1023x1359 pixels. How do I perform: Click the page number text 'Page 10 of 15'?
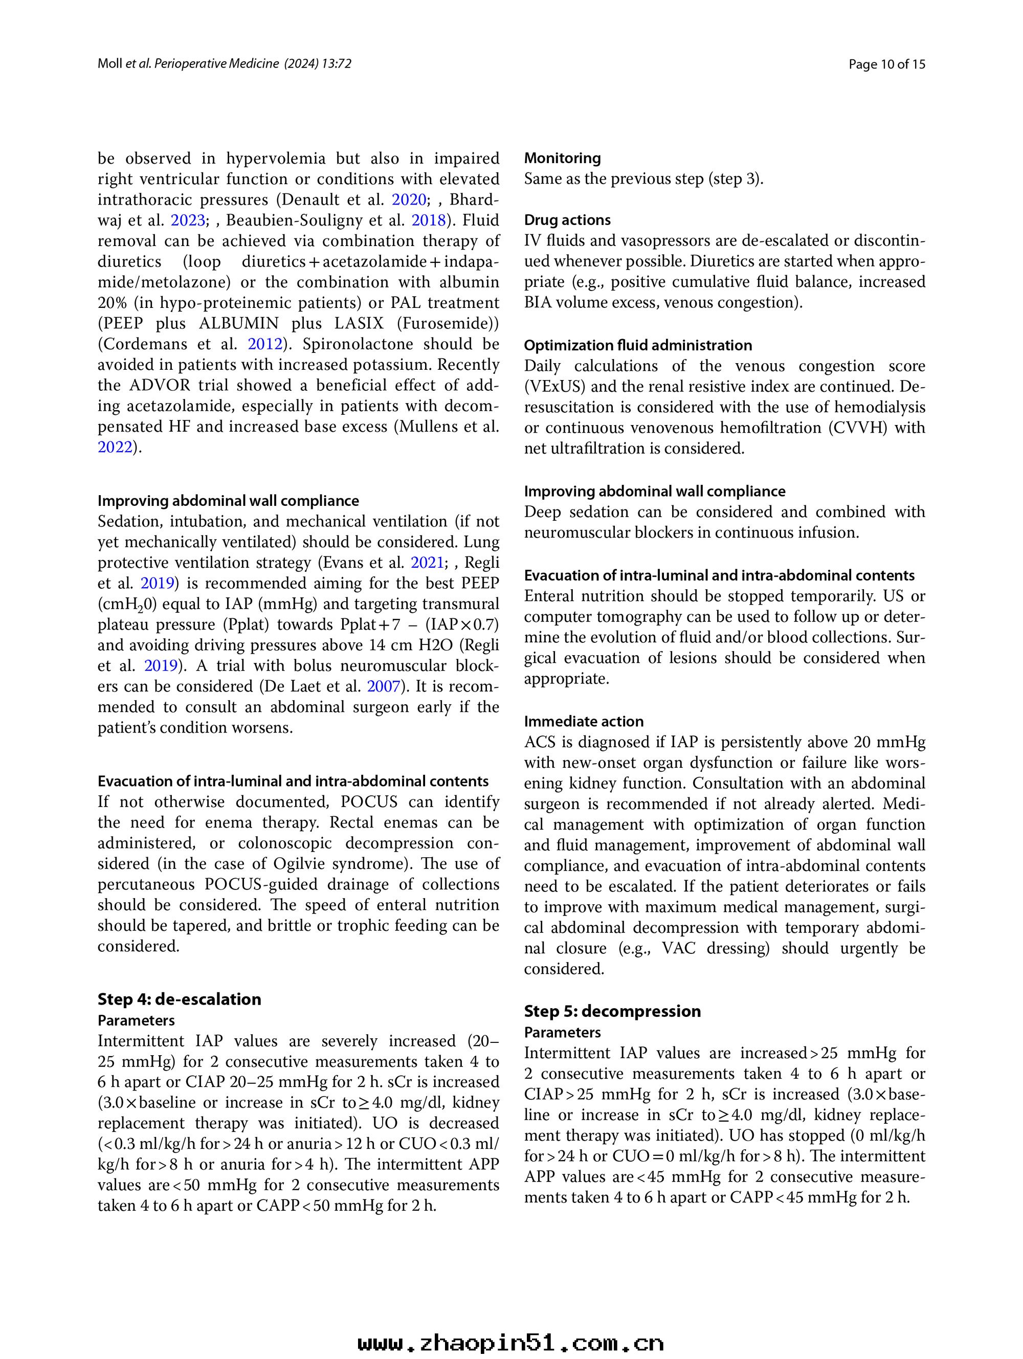(x=886, y=64)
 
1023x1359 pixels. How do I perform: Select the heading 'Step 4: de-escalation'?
(x=179, y=999)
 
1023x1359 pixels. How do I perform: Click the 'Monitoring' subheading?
(x=562, y=159)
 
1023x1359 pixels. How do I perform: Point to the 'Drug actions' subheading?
(x=567, y=220)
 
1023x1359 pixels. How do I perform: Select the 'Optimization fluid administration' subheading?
(x=638, y=345)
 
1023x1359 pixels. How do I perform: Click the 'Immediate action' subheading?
(x=584, y=721)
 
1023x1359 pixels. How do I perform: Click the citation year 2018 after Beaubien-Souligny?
(x=428, y=220)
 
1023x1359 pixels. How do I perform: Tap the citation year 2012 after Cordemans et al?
(x=265, y=344)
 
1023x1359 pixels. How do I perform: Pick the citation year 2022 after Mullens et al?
(x=115, y=447)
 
